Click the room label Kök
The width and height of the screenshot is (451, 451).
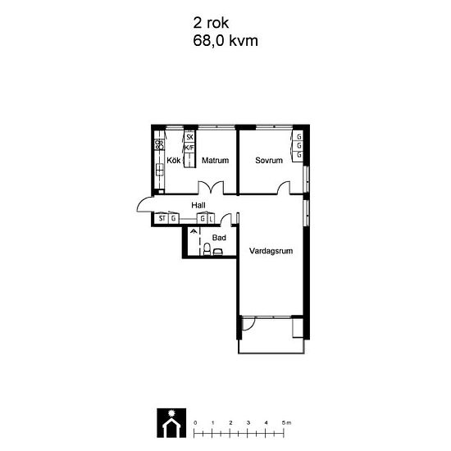pyautogui.click(x=173, y=161)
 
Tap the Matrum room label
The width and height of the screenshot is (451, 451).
pyautogui.click(x=215, y=161)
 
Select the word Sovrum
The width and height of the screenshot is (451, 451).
pyautogui.click(x=268, y=161)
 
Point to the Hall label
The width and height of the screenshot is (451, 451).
pyautogui.click(x=198, y=205)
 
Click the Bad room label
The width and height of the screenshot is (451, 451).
pyautogui.click(x=219, y=238)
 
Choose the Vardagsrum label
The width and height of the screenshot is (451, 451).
pyautogui.click(x=271, y=252)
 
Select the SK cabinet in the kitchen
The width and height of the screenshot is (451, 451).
pyautogui.click(x=189, y=137)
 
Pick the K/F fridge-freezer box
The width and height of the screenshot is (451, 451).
pyautogui.click(x=189, y=148)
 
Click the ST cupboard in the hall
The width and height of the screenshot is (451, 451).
pyautogui.click(x=162, y=219)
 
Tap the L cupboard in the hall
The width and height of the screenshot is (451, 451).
pyautogui.click(x=211, y=219)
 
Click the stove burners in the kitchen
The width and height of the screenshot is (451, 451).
pyautogui.click(x=158, y=146)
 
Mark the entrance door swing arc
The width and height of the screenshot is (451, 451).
pyautogui.click(x=143, y=205)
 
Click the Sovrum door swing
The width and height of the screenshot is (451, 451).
pyautogui.click(x=284, y=188)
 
